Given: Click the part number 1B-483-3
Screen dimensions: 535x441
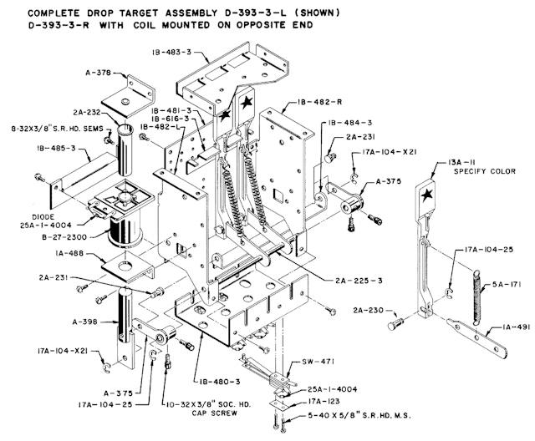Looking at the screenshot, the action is [171, 52].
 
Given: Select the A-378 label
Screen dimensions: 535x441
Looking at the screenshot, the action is [98, 73].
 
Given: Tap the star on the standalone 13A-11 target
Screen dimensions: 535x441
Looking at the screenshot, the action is [426, 195].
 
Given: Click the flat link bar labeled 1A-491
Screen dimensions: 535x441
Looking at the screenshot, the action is [476, 337].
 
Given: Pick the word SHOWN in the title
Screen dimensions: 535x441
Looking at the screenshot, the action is [318, 13].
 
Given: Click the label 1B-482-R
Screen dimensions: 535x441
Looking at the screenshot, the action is [319, 102].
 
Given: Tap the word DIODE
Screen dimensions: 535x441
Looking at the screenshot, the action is [43, 217].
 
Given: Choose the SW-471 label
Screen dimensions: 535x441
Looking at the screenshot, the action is [318, 362].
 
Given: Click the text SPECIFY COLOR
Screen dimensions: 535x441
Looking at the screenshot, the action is [485, 171].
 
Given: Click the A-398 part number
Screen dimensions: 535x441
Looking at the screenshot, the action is [85, 322].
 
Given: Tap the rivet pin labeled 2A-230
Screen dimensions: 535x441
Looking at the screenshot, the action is [395, 324].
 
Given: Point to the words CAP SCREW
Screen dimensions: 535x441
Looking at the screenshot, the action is [214, 413].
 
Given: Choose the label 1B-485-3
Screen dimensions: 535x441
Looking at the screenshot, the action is [57, 149].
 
